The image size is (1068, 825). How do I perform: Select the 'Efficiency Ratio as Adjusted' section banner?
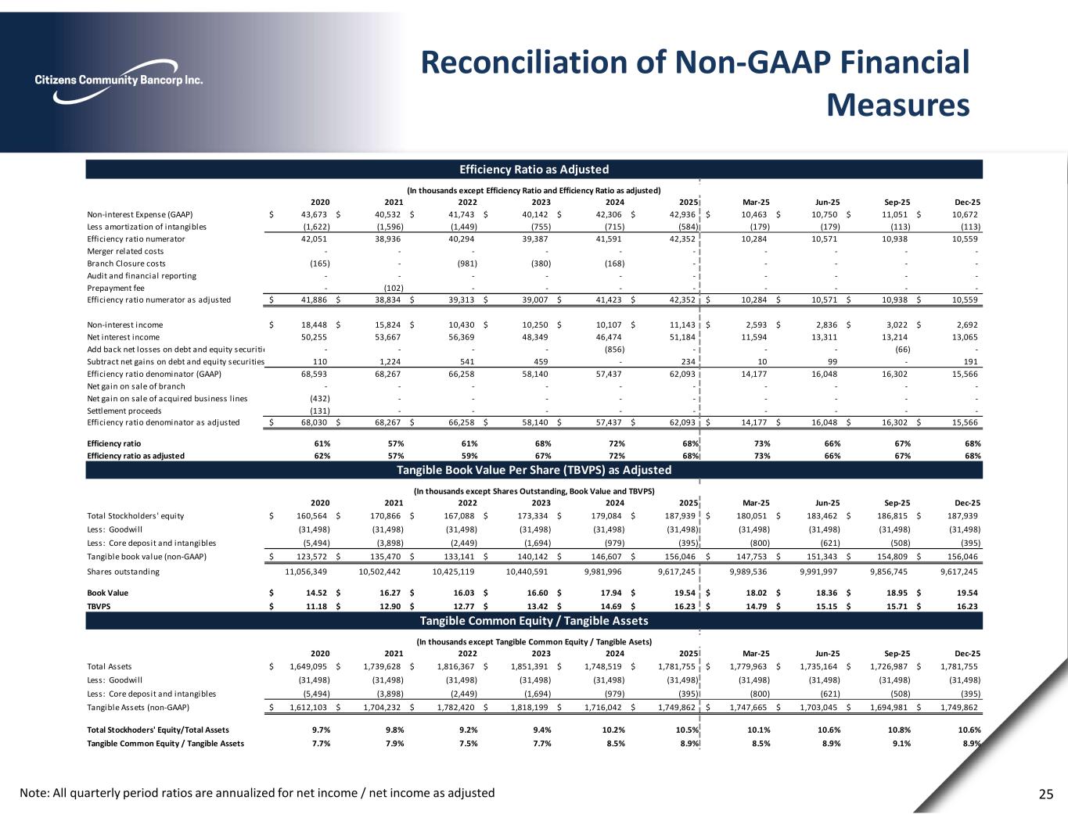tap(534, 169)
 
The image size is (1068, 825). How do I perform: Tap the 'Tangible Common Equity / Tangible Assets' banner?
tap(534, 621)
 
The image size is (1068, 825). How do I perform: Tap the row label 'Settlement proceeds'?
tap(124, 411)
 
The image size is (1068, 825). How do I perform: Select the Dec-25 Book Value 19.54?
tap(966, 593)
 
